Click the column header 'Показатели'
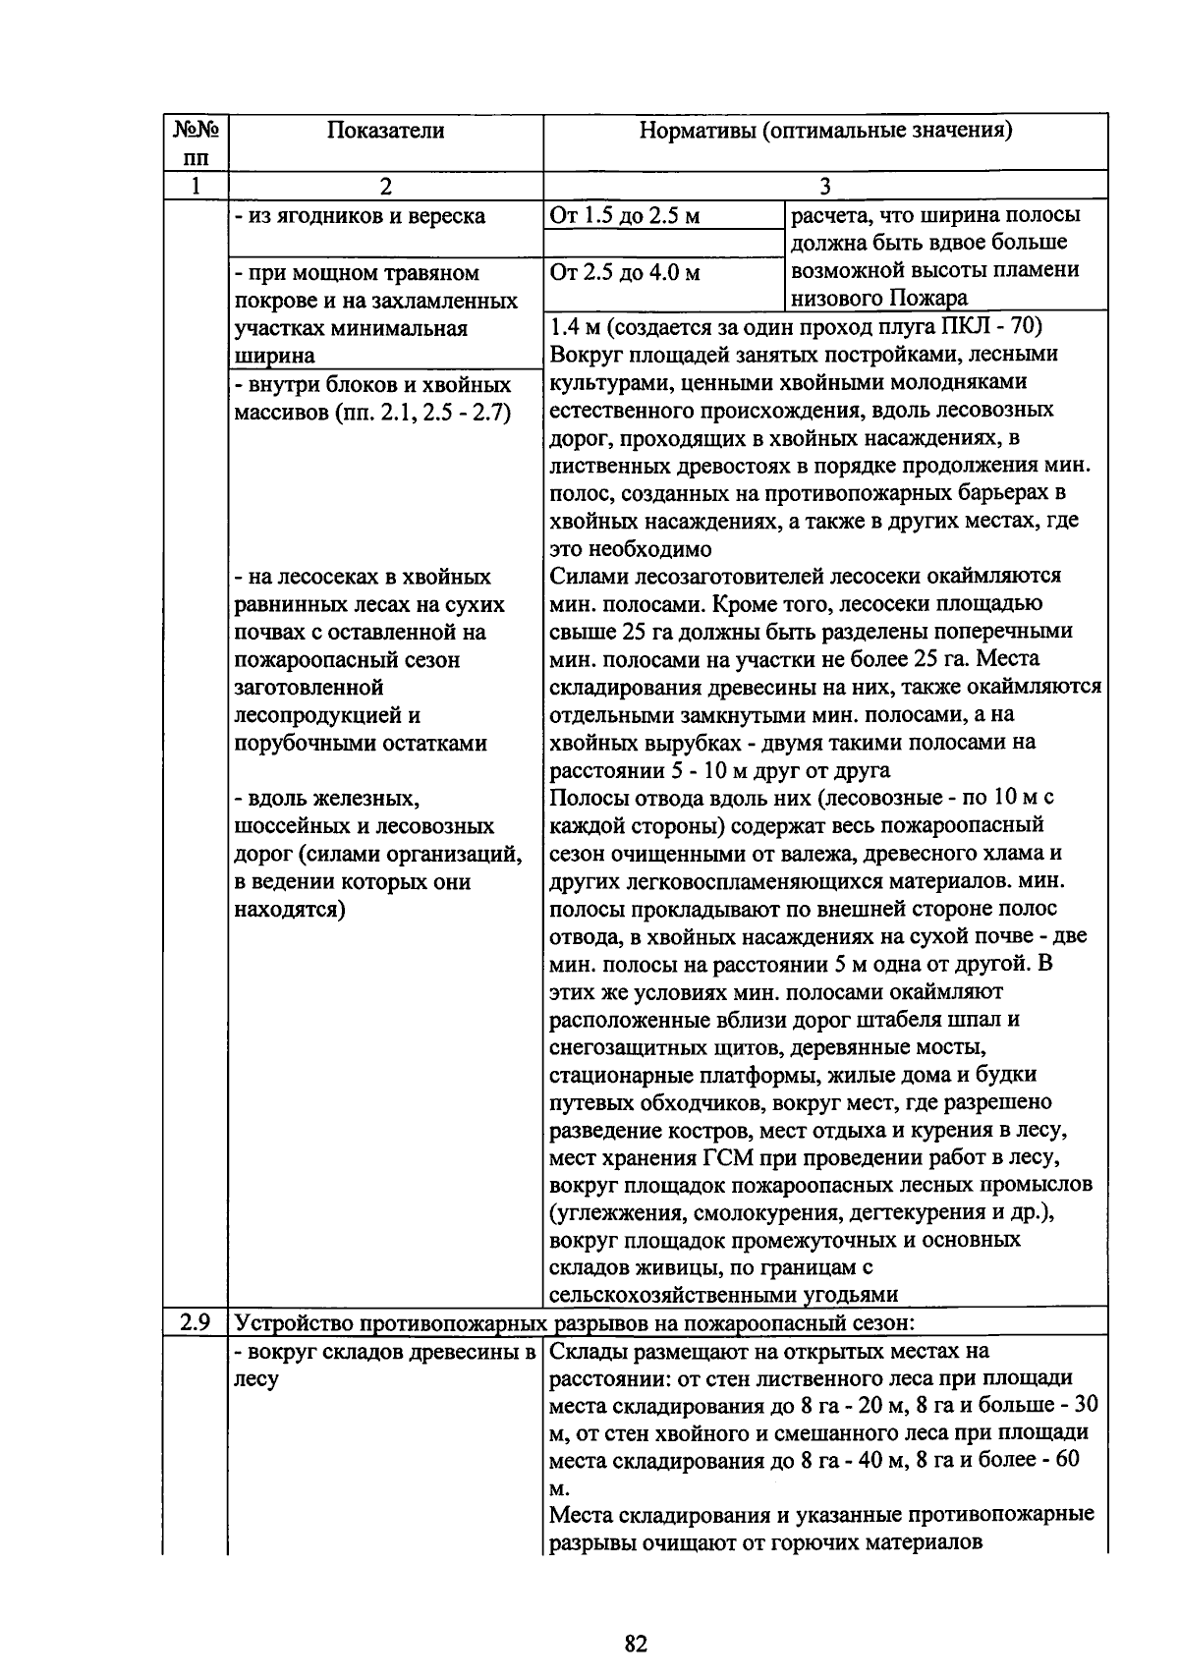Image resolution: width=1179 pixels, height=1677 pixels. tap(385, 131)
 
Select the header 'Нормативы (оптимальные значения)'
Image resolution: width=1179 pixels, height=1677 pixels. tap(825, 131)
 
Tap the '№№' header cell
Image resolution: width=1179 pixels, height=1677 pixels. tap(196, 131)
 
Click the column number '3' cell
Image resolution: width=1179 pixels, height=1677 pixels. tap(825, 186)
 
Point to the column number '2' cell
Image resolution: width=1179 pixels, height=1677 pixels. tap(385, 186)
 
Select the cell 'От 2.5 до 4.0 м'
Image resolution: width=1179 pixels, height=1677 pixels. tap(625, 272)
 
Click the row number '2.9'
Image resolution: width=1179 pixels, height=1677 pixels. tap(196, 1322)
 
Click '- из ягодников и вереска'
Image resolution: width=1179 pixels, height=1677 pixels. tap(360, 216)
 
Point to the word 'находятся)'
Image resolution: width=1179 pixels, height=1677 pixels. tap(290, 909)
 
